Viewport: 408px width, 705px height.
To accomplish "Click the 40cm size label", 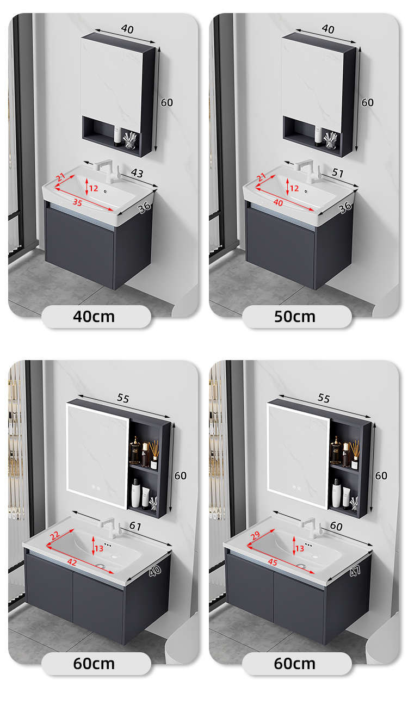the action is pos(94,317).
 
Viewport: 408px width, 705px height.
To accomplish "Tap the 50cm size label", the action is pos(295,317).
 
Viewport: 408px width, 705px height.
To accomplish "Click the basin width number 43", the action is pos(137,173).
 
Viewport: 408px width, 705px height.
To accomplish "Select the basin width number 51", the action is pos(337,172).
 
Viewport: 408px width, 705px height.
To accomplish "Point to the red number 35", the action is pos(77,202).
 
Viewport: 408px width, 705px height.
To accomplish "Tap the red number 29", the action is pos(256,535).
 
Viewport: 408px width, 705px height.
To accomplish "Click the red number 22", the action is pos(55,535).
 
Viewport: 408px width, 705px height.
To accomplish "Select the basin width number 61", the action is pos(135,526).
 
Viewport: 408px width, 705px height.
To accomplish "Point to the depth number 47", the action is pos(355,571).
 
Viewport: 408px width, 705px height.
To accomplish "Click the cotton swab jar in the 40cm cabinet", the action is pos(129,140).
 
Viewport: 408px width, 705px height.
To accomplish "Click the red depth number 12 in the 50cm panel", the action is pos(294,188).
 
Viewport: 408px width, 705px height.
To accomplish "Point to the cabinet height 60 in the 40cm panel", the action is pos(166,102).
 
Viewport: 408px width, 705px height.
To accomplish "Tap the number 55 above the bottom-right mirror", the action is pos(324,398).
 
